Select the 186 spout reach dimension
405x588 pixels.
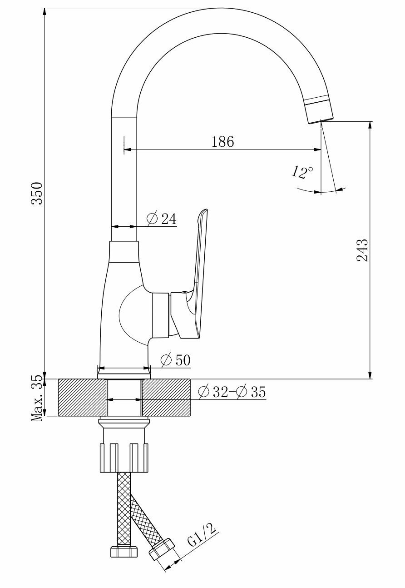(x=222, y=141)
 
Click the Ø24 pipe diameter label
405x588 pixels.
(x=162, y=219)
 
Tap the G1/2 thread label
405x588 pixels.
(x=202, y=535)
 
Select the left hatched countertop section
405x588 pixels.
(x=82, y=397)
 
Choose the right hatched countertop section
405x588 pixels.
(x=166, y=397)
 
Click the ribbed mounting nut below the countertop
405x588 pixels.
(x=124, y=457)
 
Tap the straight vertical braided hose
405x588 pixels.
(x=123, y=509)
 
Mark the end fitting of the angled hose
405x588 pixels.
(x=162, y=550)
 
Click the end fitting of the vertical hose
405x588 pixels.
(x=124, y=551)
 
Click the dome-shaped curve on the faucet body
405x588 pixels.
(x=129, y=314)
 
